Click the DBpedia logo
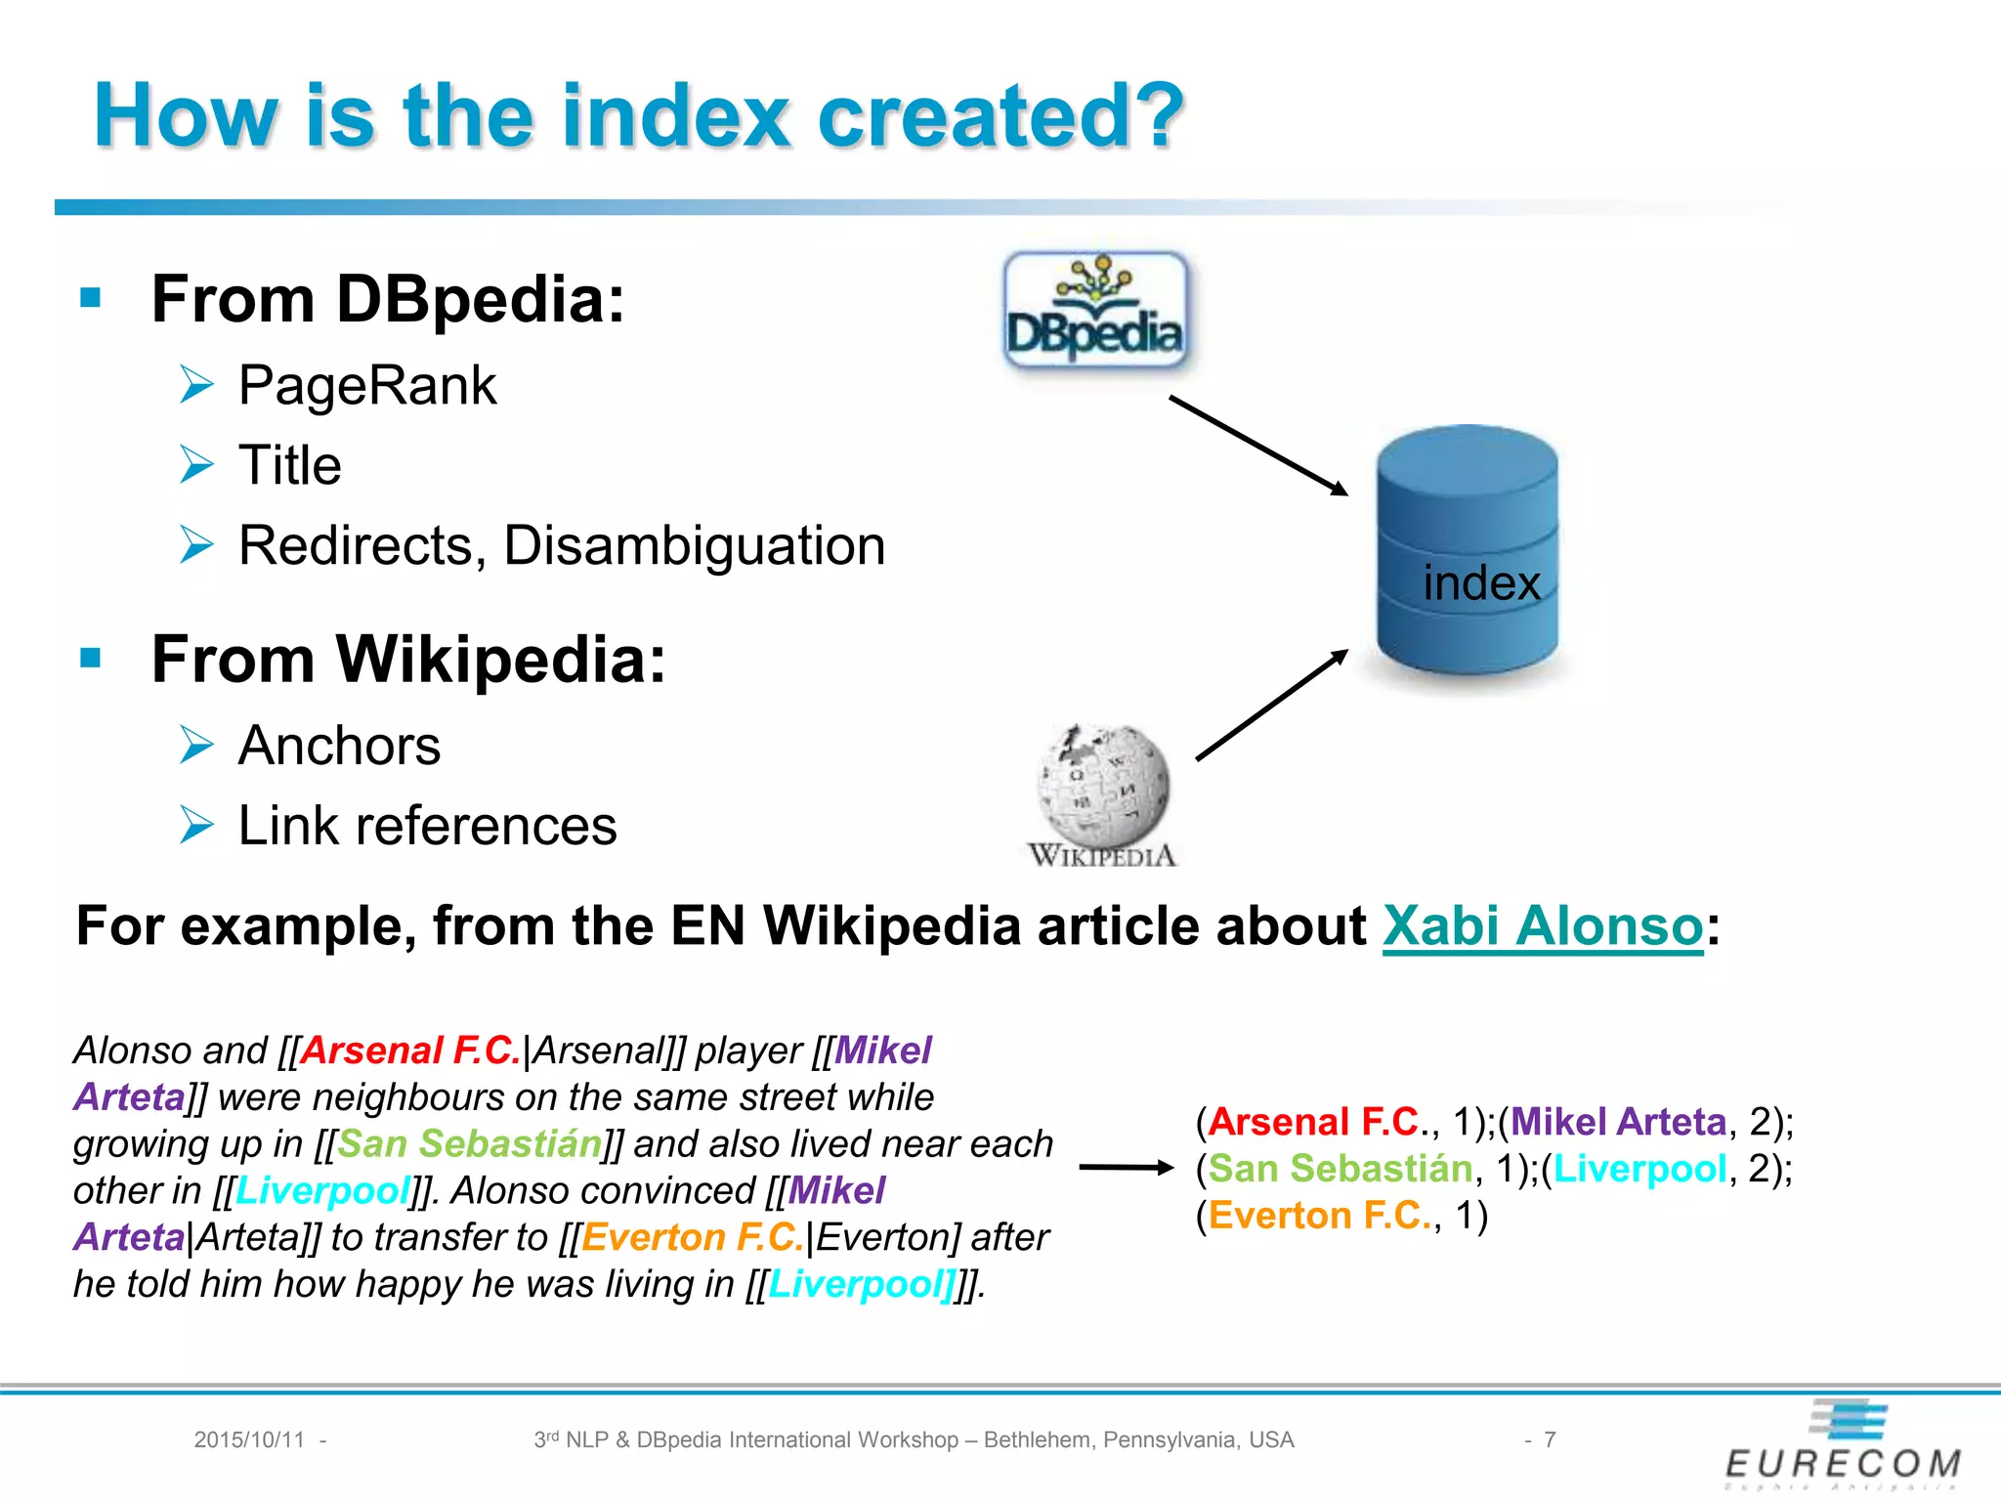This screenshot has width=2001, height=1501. [x=1095, y=310]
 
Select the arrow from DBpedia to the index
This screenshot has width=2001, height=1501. [x=1257, y=445]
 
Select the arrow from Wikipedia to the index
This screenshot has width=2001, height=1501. [x=1270, y=705]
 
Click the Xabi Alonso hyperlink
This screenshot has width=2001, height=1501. [x=1542, y=925]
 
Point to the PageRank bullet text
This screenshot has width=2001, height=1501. [x=367, y=385]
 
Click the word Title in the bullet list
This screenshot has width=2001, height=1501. [x=290, y=465]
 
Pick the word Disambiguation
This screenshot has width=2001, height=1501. [x=694, y=545]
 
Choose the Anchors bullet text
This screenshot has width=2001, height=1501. [x=339, y=746]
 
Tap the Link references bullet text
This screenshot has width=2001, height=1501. [x=427, y=826]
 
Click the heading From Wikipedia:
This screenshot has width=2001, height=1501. [x=408, y=660]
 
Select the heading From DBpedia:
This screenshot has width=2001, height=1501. [x=388, y=299]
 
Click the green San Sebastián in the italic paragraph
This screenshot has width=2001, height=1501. [x=469, y=1143]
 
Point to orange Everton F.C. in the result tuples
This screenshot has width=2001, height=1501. [x=1318, y=1216]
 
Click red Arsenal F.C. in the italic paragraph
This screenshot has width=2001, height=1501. [x=410, y=1051]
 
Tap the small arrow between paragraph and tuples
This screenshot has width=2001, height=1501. [x=1126, y=1167]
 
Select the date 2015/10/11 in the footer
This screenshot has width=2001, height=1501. [x=249, y=1439]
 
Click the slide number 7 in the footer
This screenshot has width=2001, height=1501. [x=1550, y=1439]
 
